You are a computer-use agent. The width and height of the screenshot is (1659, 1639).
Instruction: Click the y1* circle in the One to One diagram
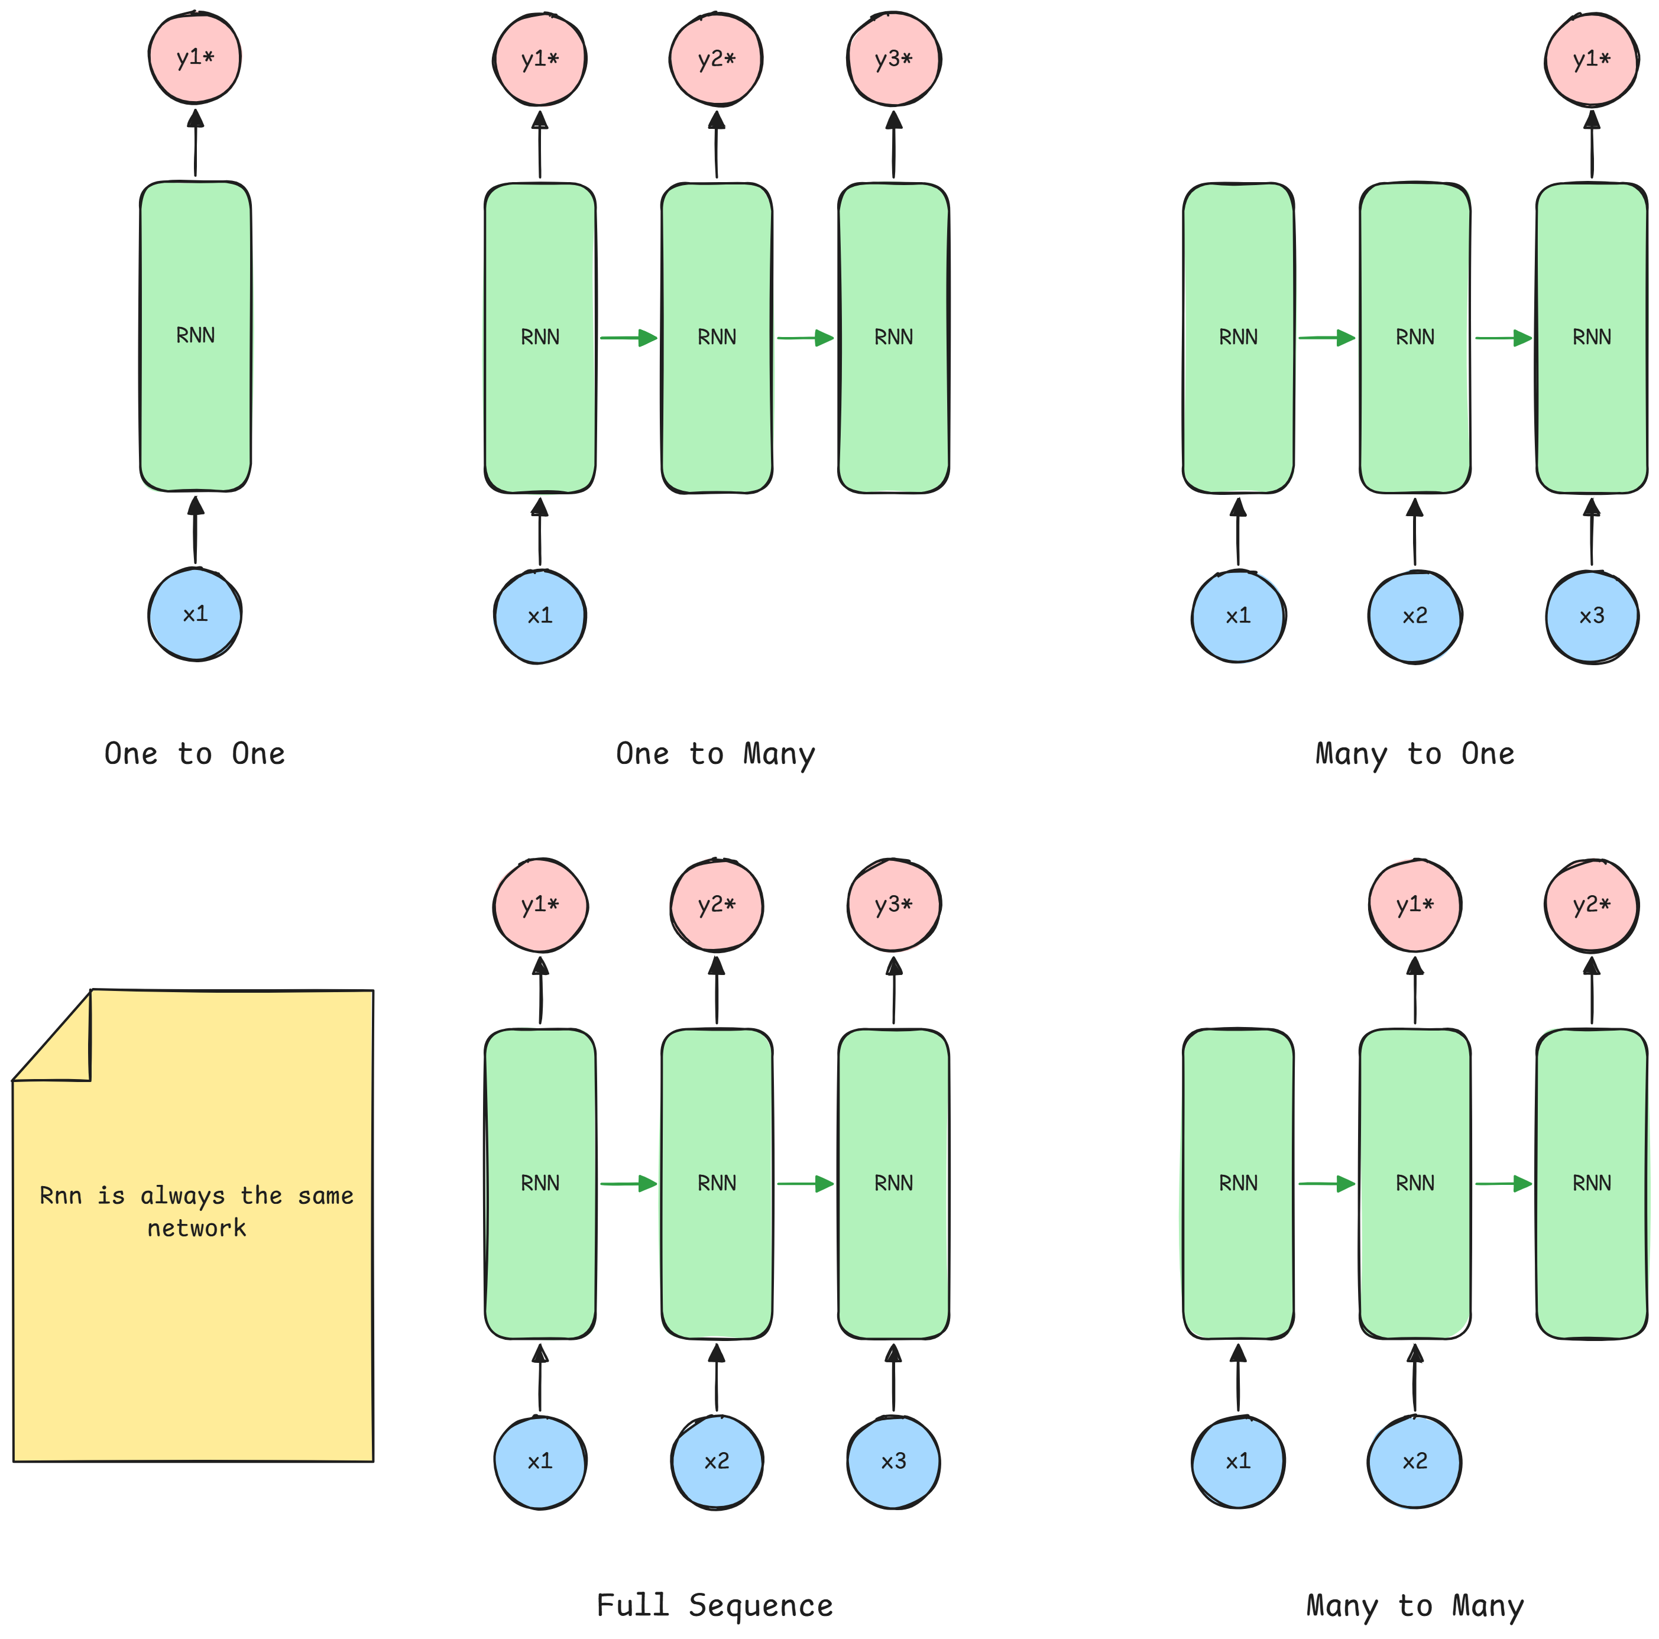click(195, 57)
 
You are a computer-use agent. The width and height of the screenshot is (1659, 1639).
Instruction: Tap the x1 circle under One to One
click(195, 614)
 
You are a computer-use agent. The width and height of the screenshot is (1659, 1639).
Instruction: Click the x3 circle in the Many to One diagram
click(1591, 616)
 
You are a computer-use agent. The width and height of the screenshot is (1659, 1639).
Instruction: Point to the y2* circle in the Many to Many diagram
click(1591, 905)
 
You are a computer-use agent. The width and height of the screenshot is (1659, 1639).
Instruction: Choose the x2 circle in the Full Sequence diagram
click(716, 1461)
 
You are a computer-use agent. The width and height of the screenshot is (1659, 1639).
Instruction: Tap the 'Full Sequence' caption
click(714, 1605)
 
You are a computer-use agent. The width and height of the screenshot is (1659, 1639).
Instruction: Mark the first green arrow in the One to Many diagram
click(628, 338)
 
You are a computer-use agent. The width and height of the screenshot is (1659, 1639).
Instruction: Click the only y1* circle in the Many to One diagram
click(1591, 59)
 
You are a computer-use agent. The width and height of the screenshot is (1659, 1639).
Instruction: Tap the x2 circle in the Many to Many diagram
click(1414, 1461)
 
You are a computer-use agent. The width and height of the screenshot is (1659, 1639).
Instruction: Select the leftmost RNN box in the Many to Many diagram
click(1238, 1183)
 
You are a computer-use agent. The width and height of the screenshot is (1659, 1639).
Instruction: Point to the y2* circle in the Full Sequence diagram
click(716, 905)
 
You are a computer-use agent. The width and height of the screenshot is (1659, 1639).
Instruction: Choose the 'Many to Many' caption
click(1414, 1605)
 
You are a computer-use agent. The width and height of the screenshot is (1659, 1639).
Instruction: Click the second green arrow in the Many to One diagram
click(1504, 338)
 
